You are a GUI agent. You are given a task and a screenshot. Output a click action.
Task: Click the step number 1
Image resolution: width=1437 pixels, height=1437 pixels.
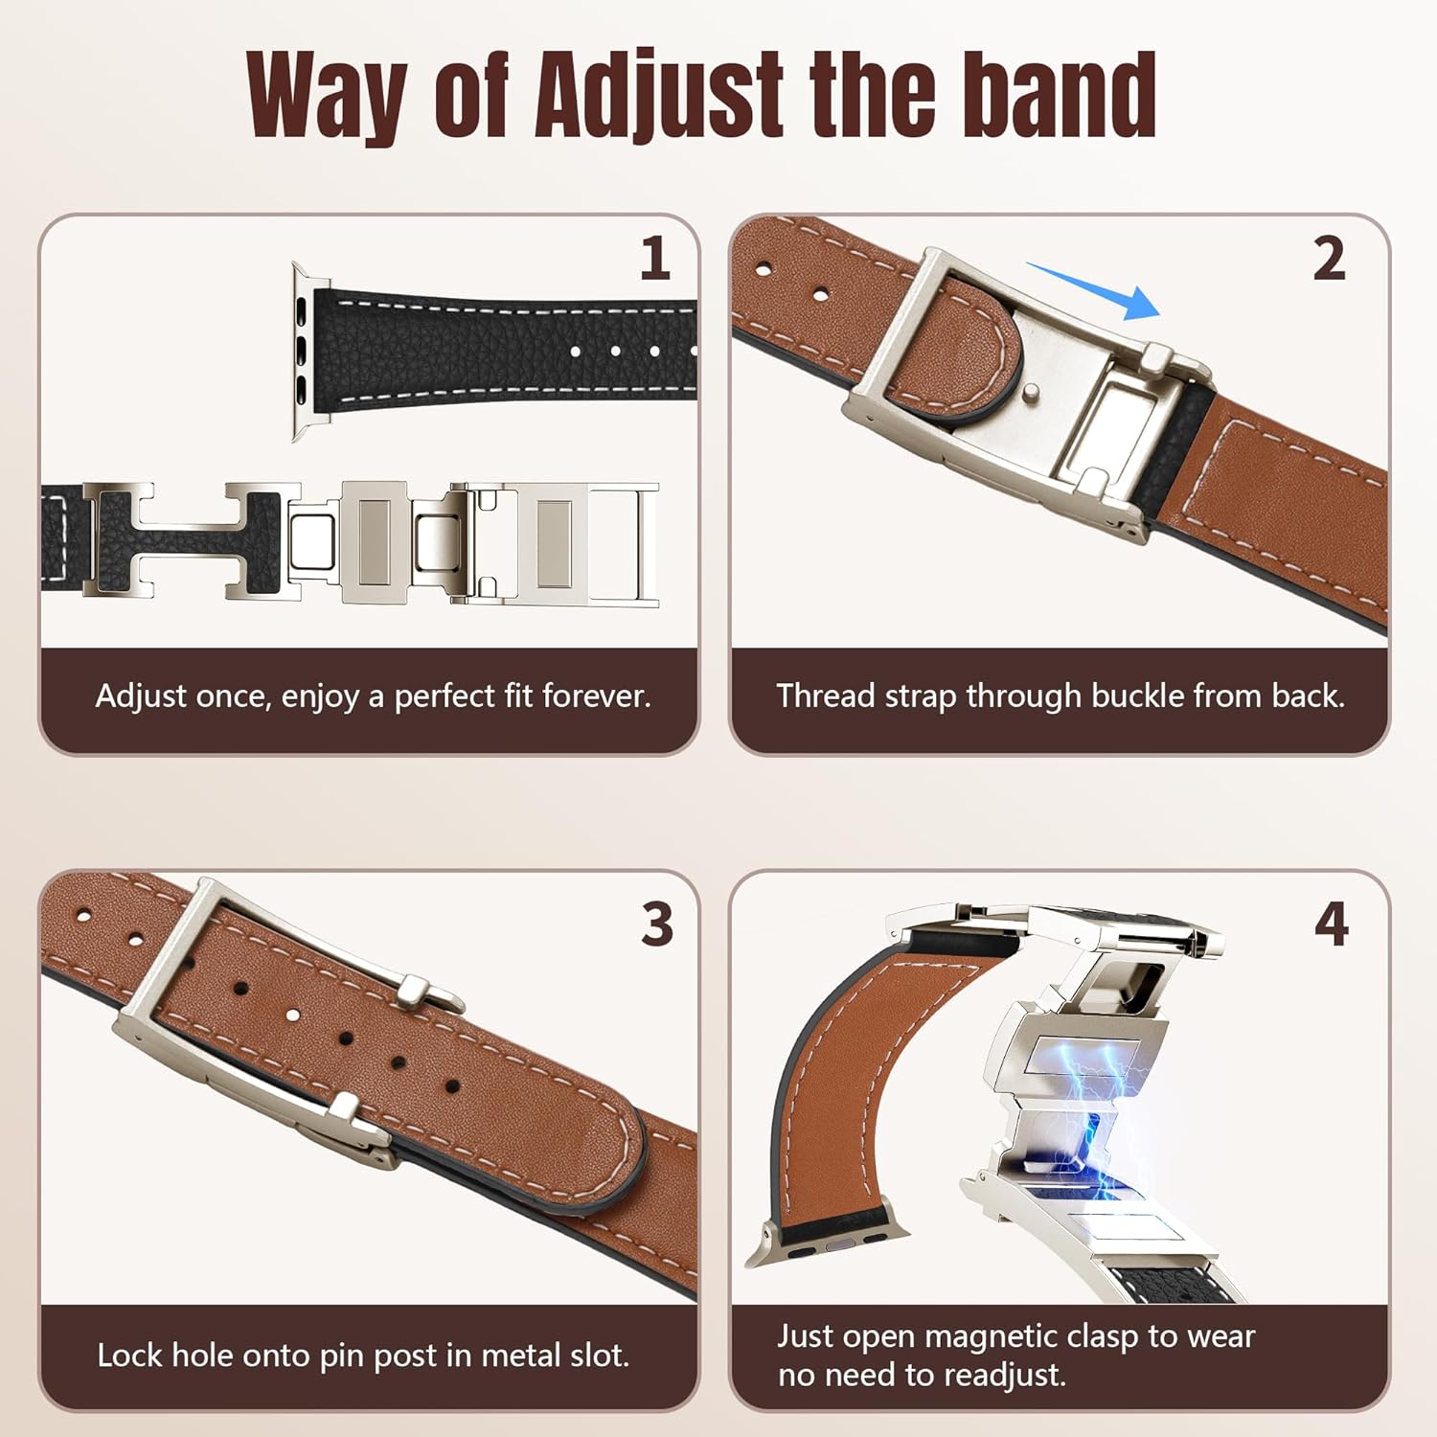pyautogui.click(x=655, y=259)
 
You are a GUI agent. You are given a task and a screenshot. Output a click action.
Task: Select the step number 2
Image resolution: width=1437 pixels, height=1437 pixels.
pyautogui.click(x=1329, y=259)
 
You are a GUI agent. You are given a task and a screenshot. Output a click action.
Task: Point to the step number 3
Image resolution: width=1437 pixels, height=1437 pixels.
pyautogui.click(x=657, y=924)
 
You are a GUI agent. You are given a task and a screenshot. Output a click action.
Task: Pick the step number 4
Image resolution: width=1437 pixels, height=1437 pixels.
pyautogui.click(x=1332, y=924)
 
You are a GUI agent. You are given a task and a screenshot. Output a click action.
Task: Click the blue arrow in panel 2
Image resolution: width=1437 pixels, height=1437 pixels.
pyautogui.click(x=1097, y=289)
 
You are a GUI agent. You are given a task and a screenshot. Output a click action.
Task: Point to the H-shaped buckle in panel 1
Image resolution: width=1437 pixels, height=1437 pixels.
pyautogui.click(x=182, y=541)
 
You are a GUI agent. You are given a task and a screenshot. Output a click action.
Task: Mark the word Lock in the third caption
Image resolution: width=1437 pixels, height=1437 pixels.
pyautogui.click(x=130, y=1356)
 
